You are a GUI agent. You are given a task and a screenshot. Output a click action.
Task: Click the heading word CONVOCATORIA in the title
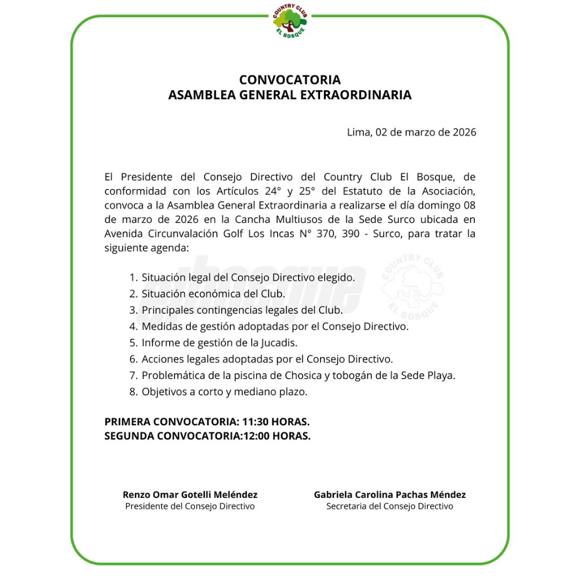[x=290, y=80]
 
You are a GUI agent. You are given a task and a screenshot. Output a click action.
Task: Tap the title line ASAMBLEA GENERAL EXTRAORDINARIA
[x=290, y=96]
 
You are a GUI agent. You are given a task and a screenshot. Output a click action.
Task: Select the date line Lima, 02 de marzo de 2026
[x=411, y=132]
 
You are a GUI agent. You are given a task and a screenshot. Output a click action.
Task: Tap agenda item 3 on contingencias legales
[x=242, y=310]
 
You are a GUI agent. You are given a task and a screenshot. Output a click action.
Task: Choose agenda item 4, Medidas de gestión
[x=275, y=326]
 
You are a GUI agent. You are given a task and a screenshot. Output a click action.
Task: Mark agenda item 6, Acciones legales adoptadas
[x=267, y=359]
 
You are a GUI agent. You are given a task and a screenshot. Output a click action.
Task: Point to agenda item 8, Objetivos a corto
[x=224, y=392]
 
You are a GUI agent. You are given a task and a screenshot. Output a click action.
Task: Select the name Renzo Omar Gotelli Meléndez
[x=190, y=495]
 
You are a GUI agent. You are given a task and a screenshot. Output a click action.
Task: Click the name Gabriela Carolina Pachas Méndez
[x=390, y=495]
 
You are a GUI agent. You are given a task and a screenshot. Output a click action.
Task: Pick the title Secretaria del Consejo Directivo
[x=390, y=506]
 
